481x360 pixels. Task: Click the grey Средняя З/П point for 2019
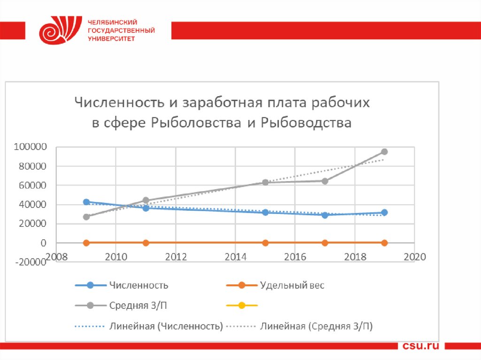(384, 152)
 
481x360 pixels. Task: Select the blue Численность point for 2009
(86, 202)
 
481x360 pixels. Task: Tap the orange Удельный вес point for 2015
(265, 243)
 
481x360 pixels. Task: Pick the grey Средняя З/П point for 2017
(325, 181)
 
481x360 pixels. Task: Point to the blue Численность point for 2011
(146, 208)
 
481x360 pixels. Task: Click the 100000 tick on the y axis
(31, 147)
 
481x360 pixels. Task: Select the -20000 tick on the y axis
(31, 262)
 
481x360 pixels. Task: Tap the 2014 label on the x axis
(235, 257)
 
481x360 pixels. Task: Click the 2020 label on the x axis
(414, 257)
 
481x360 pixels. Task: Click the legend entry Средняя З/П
(138, 306)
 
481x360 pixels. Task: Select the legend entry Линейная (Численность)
(166, 326)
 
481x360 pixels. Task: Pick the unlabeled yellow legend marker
(242, 306)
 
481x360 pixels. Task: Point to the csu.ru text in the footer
(421, 346)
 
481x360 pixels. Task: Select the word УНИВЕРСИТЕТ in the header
(111, 39)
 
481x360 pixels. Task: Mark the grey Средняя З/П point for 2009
(86, 217)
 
